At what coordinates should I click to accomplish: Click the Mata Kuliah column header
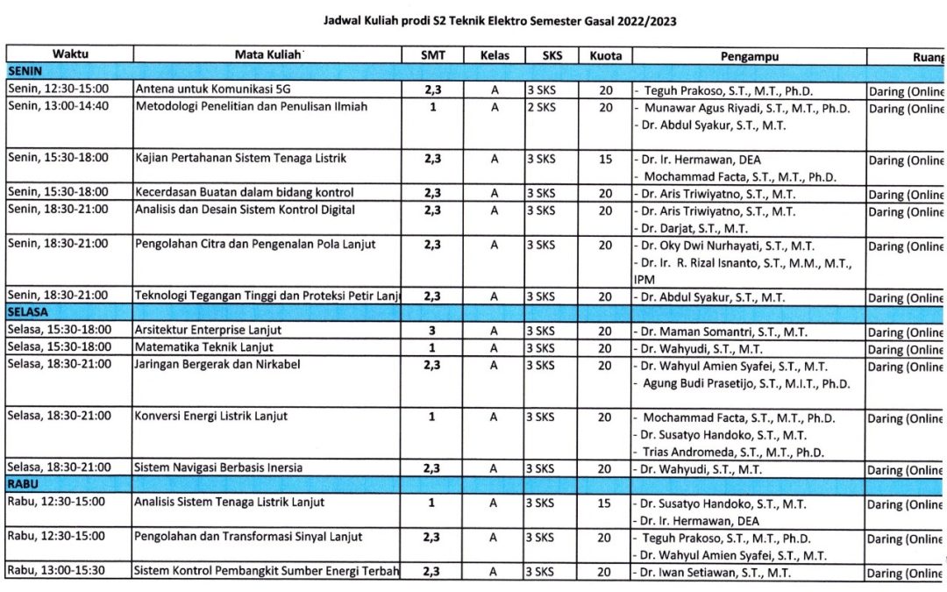click(x=267, y=55)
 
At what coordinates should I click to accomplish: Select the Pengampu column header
click(x=749, y=55)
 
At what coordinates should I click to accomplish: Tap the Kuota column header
click(x=605, y=55)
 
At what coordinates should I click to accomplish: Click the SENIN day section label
click(x=26, y=71)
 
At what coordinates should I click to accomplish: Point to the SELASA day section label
click(x=28, y=312)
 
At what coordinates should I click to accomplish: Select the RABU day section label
click(x=24, y=484)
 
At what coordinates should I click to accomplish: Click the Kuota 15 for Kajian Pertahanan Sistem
click(x=605, y=159)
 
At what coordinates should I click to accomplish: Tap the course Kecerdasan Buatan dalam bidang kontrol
click(x=245, y=193)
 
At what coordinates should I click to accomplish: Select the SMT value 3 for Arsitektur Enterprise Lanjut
click(x=431, y=332)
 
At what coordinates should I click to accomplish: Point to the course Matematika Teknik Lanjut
click(x=204, y=349)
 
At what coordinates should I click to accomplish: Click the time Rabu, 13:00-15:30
click(x=56, y=571)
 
